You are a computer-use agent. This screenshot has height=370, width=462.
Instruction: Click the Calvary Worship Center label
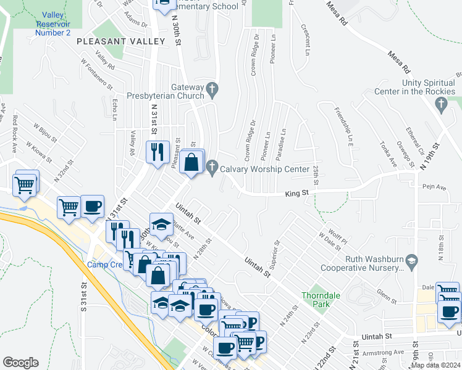(266, 169)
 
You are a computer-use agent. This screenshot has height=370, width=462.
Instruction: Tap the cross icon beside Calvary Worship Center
(212, 167)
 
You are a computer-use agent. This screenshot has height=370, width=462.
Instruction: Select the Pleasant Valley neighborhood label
(121, 41)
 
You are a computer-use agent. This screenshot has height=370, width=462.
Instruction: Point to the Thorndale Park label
(317, 300)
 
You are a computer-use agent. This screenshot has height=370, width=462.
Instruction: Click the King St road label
(296, 194)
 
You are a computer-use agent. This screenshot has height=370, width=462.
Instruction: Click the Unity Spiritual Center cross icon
(440, 105)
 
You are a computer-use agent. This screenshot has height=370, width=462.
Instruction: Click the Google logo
(20, 362)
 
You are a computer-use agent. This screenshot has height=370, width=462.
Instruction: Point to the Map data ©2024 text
(434, 365)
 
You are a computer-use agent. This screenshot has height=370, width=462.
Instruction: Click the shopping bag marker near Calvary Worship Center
(192, 162)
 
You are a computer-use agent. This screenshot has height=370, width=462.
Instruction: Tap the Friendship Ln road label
(348, 124)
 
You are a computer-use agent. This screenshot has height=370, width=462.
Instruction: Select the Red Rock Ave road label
(14, 133)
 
